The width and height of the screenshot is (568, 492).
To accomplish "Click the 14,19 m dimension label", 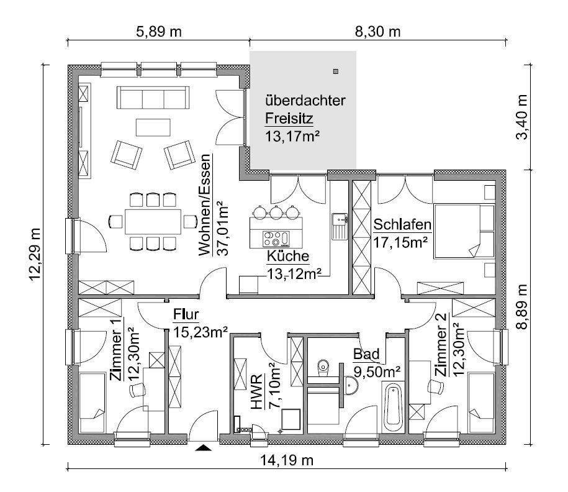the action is click(287, 460).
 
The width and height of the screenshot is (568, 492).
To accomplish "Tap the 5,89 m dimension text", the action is click(159, 32).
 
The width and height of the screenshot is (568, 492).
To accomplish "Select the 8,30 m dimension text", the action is click(377, 32).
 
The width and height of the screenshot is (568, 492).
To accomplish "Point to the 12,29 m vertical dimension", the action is click(35, 254).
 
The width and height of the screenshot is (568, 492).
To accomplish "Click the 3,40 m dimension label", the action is click(522, 117).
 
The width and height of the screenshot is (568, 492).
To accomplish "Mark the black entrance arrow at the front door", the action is click(203, 448).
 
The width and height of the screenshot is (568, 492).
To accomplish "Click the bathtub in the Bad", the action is click(393, 407).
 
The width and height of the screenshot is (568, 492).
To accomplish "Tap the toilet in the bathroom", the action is click(323, 366).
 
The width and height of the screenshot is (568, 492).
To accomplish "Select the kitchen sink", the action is click(340, 227).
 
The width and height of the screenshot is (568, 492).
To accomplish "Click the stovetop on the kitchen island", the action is click(276, 239).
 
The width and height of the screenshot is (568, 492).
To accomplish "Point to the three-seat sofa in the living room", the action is click(153, 97).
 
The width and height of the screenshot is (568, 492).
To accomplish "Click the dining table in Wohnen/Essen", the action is click(153, 221).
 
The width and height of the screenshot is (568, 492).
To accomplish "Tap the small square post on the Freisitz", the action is click(336, 71).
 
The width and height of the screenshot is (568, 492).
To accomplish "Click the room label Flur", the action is click(186, 314).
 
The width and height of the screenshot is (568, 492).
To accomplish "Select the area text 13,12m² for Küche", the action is click(294, 274).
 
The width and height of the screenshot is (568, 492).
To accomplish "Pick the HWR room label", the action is click(256, 392).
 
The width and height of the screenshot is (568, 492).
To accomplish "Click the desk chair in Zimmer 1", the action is click(137, 390).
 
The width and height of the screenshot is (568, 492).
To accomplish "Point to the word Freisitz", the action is click(289, 118).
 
